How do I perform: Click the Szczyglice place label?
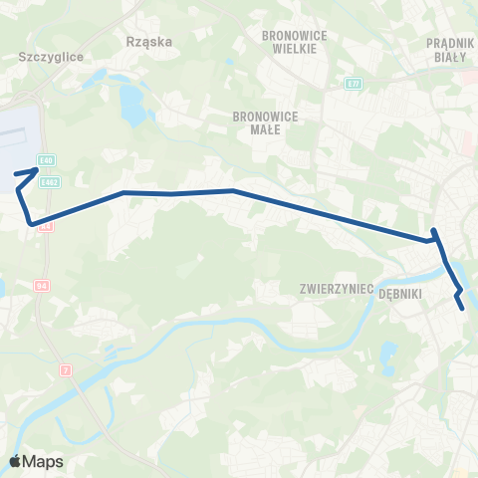[42, 57]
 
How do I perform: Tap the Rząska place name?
[150, 42]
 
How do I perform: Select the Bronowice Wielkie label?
[288, 41]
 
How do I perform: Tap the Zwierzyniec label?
[336, 289]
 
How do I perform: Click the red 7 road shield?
[66, 369]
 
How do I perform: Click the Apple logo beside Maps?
[15, 461]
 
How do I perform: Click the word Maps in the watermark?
[44, 461]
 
